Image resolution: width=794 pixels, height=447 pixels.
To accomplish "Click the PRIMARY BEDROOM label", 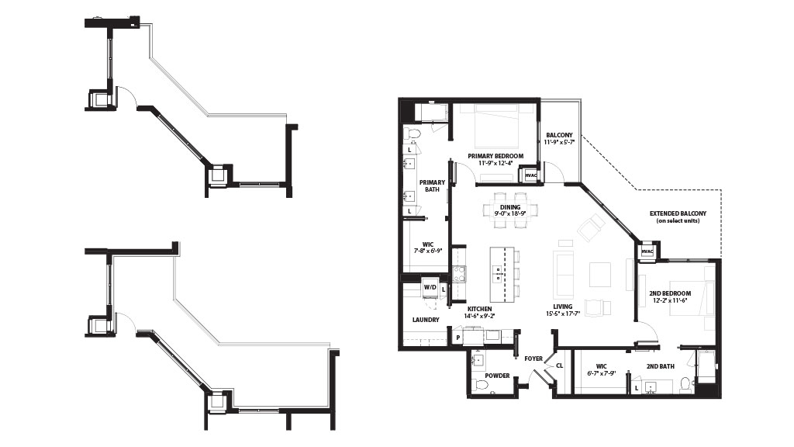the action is coord(495,156).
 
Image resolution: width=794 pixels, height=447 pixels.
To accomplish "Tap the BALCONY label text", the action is coord(559,135).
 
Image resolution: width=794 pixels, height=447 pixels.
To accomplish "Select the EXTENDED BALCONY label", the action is coord(678,214).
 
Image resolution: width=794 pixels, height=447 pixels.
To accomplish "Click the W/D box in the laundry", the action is coord(430,287).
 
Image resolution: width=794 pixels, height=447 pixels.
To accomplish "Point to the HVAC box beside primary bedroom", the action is coord(530,175).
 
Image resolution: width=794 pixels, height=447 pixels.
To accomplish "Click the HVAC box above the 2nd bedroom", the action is coord(647,251).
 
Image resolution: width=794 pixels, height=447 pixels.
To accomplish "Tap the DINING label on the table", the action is coord(510,207).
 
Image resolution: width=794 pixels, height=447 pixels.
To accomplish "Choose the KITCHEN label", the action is coord(479,309).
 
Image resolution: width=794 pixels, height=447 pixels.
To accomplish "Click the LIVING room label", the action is coord(563,307).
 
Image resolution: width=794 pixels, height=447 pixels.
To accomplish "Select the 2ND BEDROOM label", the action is coord(670,293).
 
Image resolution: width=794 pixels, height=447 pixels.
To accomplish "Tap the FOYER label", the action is coord(533,359).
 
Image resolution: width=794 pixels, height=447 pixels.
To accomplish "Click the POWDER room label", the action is coord(497,376).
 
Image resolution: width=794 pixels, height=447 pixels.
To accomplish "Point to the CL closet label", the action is coord(560,366).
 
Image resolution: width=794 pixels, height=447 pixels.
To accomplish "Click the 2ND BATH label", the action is coord(661,366).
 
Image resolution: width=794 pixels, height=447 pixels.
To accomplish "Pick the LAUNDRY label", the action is coord(426,320).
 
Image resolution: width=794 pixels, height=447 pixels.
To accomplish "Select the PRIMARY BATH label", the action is coord(432,186).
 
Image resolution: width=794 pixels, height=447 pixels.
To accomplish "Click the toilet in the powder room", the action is coord(479,386).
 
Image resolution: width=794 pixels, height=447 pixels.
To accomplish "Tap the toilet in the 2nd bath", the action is coord(685,385).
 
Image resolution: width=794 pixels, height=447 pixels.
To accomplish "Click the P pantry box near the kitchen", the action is coord(457,338).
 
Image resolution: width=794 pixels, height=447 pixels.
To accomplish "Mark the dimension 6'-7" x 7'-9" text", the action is coord(601,373).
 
